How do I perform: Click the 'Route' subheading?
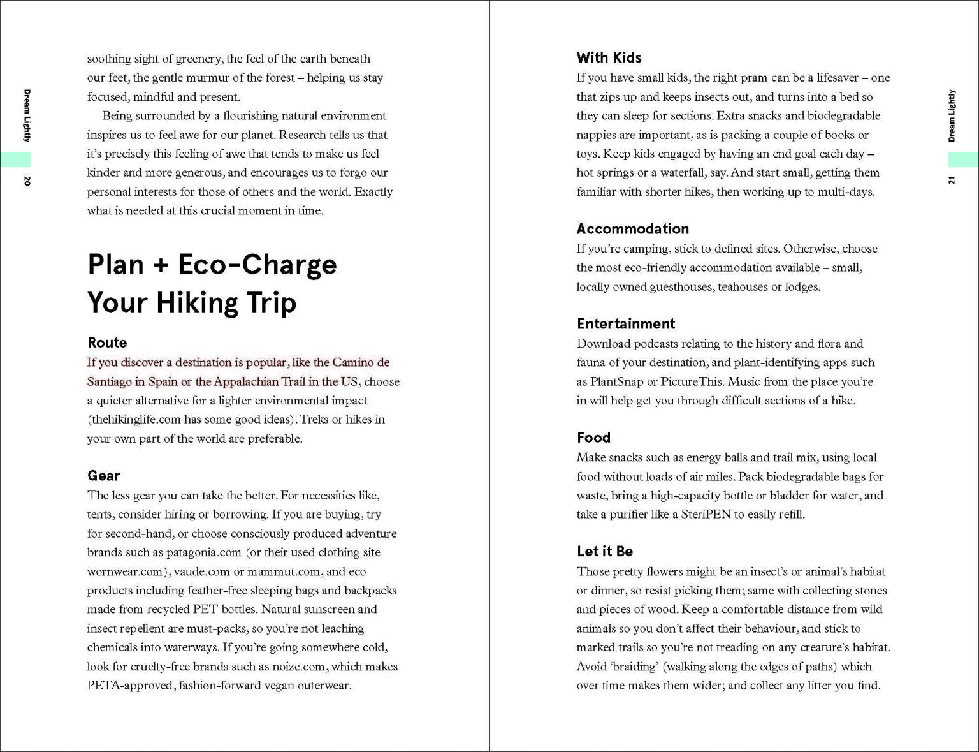pos(107,343)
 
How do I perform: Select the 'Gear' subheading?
pos(103,475)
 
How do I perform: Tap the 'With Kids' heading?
pos(609,57)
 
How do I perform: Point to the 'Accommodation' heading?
pos(632,228)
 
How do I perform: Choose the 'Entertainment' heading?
pos(625,323)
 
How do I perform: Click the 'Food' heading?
pos(593,437)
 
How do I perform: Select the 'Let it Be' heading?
pos(604,551)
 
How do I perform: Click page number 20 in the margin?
pos(27,181)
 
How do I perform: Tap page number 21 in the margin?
pos(952,181)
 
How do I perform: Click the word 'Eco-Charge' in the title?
pos(257,264)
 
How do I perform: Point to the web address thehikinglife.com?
pos(134,420)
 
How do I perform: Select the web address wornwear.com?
pos(126,571)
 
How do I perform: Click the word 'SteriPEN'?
pos(706,514)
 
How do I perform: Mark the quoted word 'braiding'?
pos(634,667)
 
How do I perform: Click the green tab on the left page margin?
pos(15,159)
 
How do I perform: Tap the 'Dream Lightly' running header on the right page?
pos(952,115)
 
